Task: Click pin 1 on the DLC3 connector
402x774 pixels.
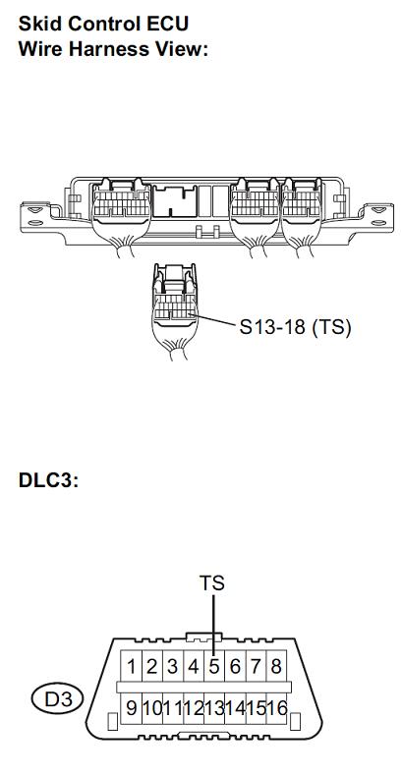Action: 132,667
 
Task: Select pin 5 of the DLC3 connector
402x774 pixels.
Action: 214,667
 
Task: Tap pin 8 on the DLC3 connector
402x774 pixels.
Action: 276,667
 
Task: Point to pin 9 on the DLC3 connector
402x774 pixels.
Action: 132,709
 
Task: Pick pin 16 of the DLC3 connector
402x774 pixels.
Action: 276,709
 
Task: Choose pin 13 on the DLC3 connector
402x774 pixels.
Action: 214,709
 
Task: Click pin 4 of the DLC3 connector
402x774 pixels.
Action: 194,667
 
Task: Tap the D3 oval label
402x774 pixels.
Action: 59,700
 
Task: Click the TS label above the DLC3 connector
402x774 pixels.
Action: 212,583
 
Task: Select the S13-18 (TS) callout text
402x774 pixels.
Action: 295,327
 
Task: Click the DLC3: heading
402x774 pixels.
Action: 48,480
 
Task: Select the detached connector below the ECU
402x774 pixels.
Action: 175,311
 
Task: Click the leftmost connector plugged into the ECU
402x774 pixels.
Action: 121,215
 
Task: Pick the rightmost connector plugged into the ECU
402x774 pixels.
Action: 301,215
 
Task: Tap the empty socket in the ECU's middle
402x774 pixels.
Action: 175,200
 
